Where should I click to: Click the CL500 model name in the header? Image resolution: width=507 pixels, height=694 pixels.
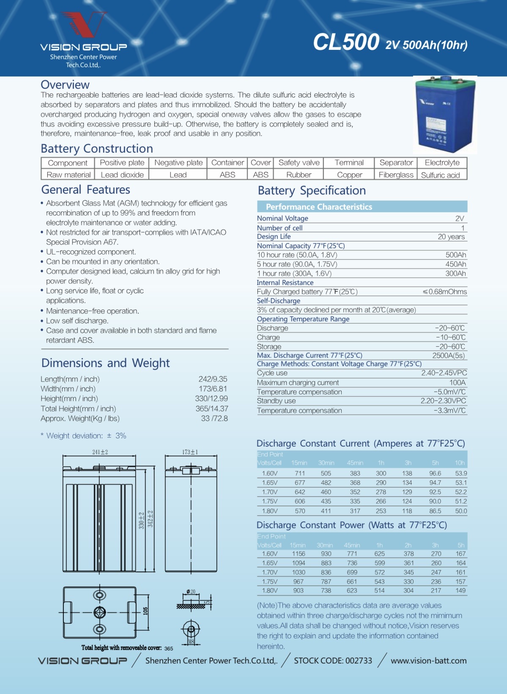pos(346,42)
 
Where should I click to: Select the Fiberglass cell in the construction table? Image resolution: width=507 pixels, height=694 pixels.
pos(396,175)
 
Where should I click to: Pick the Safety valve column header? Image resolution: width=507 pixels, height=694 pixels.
pos(299,162)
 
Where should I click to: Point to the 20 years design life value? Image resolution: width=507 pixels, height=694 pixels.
pos(451,237)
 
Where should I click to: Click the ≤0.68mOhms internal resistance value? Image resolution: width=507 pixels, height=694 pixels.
pos(445,292)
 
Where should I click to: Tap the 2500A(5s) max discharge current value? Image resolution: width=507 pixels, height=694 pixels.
pos(448,356)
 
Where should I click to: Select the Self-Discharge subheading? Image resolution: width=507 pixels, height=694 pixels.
pos(279,301)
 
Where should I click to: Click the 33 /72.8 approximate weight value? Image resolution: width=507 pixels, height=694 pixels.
pos(214,418)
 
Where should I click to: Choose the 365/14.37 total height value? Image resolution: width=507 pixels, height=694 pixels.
pos(212,409)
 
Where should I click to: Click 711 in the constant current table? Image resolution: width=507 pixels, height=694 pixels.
pos(300,473)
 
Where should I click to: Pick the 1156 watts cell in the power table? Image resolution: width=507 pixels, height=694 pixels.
pos(299,554)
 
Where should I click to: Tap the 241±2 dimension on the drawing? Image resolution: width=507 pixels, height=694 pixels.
pos(100,452)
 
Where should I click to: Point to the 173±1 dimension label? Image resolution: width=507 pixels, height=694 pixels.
pos(190,452)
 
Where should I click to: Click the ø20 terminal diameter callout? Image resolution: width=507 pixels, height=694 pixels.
pos(191,592)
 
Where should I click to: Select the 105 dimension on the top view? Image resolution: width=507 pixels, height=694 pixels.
pos(145,611)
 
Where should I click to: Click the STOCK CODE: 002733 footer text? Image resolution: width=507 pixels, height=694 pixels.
pos(333,661)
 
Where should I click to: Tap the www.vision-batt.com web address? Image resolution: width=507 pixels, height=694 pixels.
pos(428,661)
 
